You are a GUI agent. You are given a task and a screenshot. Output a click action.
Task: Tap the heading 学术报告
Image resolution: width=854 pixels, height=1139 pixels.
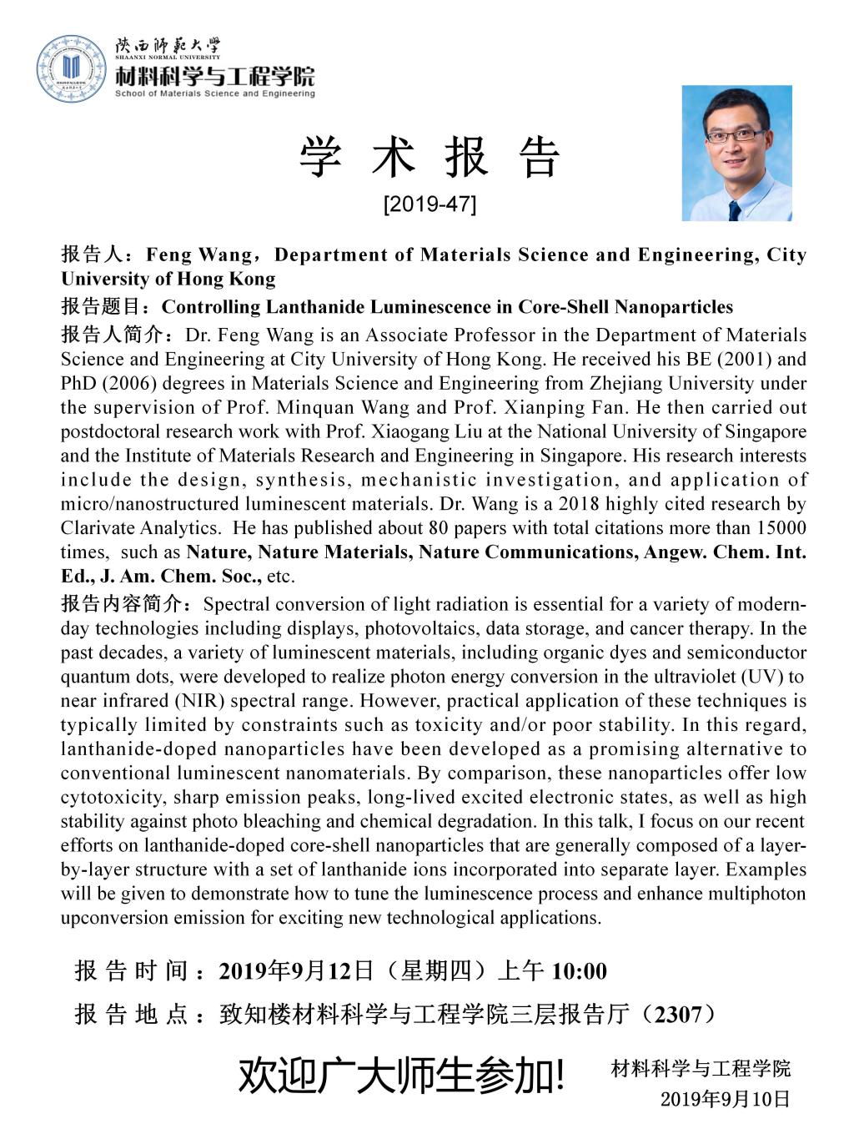click(430, 158)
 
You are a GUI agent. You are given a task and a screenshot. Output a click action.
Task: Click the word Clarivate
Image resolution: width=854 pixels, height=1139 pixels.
click(94, 527)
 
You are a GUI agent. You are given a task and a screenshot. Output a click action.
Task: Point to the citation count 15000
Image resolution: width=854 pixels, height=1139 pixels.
click(781, 527)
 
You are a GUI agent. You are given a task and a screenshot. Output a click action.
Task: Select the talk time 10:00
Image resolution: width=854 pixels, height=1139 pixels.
click(580, 971)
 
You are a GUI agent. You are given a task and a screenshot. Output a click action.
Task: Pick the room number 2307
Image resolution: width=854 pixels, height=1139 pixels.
click(678, 1014)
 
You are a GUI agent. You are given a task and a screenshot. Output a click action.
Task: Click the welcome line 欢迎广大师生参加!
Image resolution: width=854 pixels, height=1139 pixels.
click(402, 1077)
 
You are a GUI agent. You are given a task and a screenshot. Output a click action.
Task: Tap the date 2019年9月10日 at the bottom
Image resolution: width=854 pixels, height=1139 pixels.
click(725, 1099)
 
